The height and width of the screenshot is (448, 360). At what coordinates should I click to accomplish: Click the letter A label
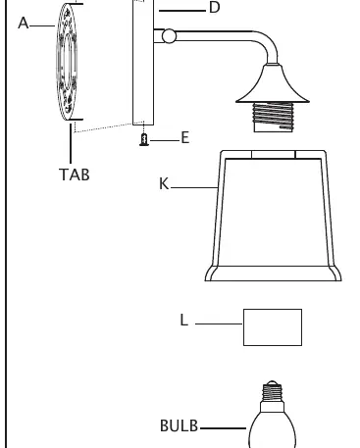24,24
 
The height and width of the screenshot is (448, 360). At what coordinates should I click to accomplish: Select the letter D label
214,7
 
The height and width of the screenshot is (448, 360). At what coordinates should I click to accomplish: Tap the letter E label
185,137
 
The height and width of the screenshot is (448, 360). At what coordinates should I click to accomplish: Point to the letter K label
164,183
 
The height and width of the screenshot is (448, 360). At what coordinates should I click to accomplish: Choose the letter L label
184,320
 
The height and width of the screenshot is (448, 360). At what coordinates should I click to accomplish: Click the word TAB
75,174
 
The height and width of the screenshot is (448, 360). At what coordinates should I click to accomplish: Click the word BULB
180,425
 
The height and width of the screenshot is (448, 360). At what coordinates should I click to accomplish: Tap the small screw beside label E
144,139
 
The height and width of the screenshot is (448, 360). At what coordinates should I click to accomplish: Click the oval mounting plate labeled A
67,62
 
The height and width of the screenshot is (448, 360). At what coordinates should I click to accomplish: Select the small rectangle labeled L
273,327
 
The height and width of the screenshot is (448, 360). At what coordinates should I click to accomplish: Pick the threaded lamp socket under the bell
274,118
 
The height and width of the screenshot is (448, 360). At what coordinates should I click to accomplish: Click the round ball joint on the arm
169,36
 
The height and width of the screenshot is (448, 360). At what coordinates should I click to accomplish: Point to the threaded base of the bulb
272,392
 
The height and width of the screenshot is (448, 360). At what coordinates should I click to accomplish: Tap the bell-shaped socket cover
273,84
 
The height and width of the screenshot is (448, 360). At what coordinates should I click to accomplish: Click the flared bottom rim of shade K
274,274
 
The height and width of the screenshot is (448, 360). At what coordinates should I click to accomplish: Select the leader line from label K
194,187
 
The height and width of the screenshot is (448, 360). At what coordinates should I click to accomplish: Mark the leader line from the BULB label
223,428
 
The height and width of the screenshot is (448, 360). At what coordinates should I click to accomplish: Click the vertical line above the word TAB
71,143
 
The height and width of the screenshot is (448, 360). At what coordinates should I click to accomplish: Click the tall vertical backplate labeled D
143,62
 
